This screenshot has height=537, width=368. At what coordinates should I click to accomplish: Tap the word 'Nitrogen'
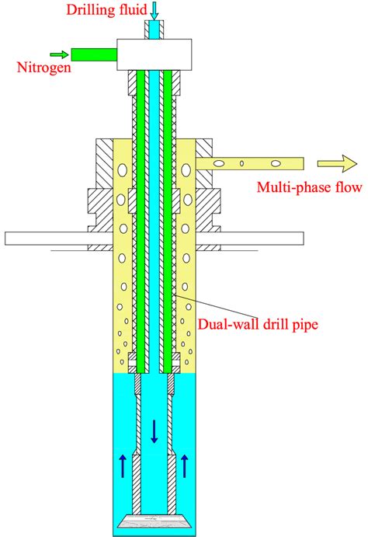(42, 68)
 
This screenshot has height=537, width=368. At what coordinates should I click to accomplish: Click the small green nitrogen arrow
(57, 54)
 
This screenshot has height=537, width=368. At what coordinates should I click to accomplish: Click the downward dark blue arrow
(154, 431)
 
